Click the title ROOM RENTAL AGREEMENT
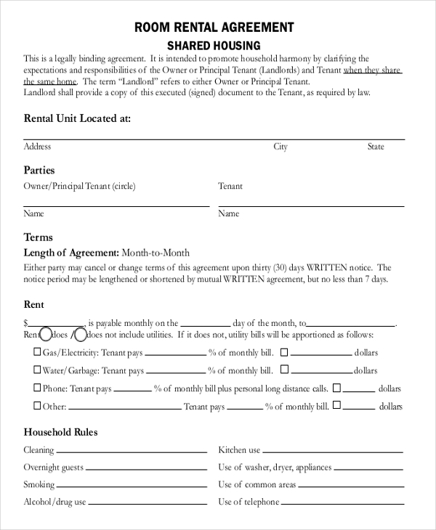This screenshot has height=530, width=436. tap(214, 27)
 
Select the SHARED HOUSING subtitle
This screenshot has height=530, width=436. tap(214, 45)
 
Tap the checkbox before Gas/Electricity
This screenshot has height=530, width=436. tap(37, 352)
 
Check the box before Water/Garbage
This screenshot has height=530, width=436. tap(37, 370)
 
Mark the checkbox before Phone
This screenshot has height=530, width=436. tap(37, 388)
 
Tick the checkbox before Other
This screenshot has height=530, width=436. tap(37, 407)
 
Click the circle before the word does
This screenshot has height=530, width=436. tap(46, 335)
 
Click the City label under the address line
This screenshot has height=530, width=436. tap(280, 147)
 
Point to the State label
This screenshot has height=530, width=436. tap(375, 147)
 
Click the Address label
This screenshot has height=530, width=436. tap(37, 147)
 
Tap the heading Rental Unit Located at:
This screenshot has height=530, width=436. tap(77, 118)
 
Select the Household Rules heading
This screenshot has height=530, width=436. tap(60, 433)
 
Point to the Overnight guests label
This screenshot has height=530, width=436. tap(53, 468)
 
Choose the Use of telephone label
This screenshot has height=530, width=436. tap(249, 502)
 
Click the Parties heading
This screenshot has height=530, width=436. tap(40, 171)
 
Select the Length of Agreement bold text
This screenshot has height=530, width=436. tap(71, 253)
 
